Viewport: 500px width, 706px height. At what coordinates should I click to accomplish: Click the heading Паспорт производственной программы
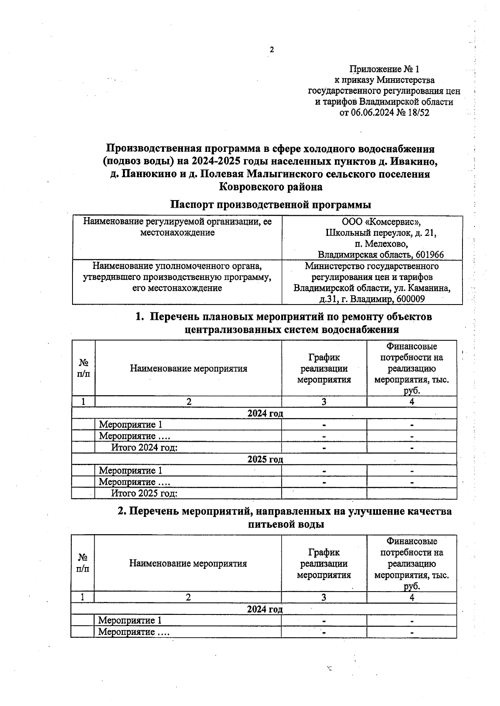[271, 205]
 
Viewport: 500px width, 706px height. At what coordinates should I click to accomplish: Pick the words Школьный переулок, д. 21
[381, 233]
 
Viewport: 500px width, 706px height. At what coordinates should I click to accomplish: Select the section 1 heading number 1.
[139, 317]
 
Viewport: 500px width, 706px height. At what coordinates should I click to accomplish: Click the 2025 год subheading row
[265, 459]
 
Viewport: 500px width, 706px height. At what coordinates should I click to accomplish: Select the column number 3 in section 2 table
[324, 597]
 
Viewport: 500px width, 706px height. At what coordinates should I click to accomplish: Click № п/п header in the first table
[84, 368]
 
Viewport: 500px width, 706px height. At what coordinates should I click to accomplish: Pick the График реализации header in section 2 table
[324, 564]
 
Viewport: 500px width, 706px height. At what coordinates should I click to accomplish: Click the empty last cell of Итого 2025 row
[411, 493]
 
